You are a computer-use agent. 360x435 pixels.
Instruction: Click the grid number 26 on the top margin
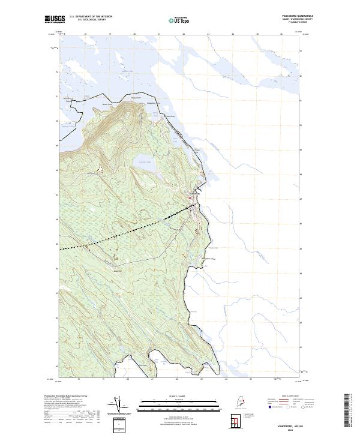[x=281, y=34]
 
